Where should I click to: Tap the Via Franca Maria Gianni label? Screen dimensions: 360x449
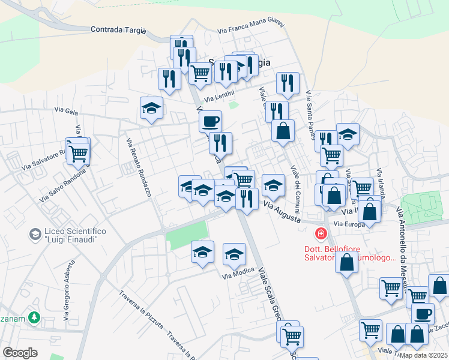[x=251, y=28]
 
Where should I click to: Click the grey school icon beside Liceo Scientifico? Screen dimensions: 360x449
[x=35, y=233]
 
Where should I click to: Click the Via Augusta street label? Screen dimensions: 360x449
[x=282, y=213]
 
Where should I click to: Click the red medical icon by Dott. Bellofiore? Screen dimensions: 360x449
[x=321, y=233]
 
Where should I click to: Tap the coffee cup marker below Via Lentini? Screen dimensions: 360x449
[x=210, y=121]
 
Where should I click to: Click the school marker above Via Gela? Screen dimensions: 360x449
[x=151, y=109]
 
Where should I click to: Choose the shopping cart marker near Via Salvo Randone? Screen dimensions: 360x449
[x=78, y=154]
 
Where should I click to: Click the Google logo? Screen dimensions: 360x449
[x=20, y=353]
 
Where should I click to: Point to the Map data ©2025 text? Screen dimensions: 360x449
[x=423, y=355]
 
